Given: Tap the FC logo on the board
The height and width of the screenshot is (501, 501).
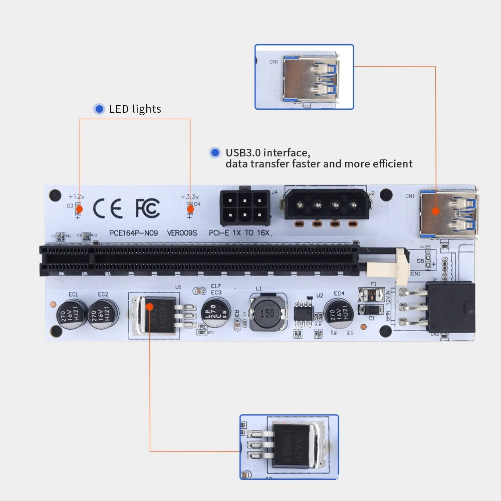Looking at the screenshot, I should click(x=147, y=207).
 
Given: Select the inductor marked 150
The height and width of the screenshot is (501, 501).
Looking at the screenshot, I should click(x=266, y=313).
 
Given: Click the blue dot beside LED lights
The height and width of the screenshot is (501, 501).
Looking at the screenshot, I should click(x=99, y=109).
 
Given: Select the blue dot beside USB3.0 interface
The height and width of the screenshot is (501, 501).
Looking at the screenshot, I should click(x=215, y=152).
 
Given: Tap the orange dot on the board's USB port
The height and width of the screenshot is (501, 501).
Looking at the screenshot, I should click(x=435, y=211).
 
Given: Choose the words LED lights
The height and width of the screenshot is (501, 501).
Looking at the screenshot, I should click(x=135, y=109).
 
